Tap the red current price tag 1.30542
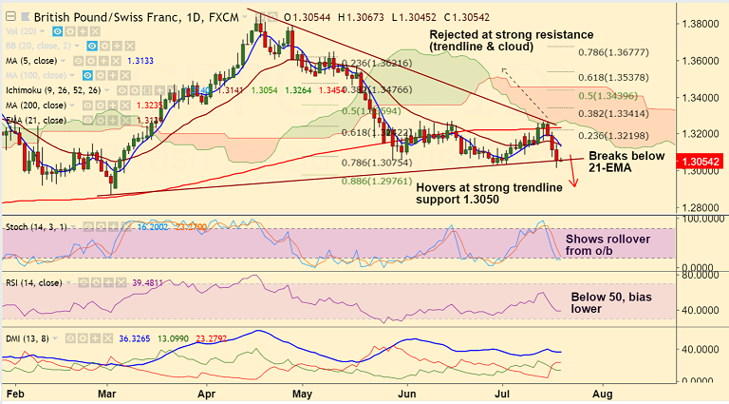click(x=701, y=163)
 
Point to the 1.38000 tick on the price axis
click(x=701, y=23)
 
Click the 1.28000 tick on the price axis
click(x=701, y=207)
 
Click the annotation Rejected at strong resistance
click(x=512, y=40)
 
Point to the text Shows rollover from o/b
click(x=607, y=246)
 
